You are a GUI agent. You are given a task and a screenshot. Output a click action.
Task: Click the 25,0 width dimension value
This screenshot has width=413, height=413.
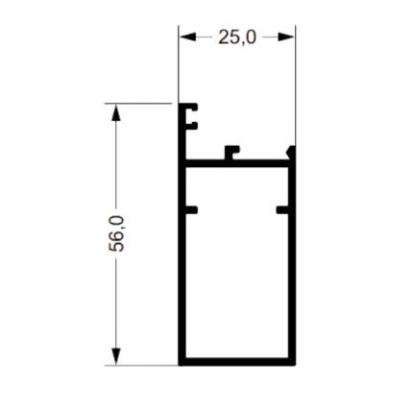pos(237,37)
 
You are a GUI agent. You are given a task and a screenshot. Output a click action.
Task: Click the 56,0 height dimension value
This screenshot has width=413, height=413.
pos(116,233)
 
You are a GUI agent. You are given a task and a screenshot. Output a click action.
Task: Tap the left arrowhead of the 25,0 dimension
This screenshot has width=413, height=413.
pos(187,36)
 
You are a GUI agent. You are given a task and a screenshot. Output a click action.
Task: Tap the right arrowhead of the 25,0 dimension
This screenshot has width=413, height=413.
pos(286,36)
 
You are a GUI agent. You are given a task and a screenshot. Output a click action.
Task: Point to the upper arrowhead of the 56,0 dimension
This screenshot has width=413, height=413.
pos(116,112)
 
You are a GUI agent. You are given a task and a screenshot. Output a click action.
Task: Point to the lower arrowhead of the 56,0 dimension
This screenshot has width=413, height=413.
pos(116,356)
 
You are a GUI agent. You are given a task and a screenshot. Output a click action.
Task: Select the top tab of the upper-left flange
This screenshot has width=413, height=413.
pos(191,107)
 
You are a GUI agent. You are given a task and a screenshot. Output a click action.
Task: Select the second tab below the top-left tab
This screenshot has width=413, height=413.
pos(191,126)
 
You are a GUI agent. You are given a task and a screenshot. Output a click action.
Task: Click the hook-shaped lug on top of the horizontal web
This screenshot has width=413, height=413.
pos(231,152)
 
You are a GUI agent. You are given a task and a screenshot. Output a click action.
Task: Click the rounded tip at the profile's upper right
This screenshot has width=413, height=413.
pos(291,152)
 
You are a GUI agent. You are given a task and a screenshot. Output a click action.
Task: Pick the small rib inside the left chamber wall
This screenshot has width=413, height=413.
pos(191,210)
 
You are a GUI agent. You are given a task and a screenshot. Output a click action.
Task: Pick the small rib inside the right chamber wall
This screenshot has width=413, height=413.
pos(282,210)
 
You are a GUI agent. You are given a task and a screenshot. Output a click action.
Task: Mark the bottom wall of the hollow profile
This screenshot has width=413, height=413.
pos(237,361)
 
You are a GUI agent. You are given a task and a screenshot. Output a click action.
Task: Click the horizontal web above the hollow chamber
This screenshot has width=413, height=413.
pos(237,163)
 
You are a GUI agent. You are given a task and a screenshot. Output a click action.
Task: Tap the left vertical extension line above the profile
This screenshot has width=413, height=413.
pos(179,64)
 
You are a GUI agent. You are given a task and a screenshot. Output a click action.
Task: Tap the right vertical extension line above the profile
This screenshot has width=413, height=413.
pos(295,85)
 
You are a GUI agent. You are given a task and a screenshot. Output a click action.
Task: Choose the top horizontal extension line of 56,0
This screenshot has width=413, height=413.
pos(138,104)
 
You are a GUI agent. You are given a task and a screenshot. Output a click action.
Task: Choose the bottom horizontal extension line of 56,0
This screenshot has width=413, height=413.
pos(141,365)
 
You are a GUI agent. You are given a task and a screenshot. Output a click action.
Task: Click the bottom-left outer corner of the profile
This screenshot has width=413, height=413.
pos(179,365)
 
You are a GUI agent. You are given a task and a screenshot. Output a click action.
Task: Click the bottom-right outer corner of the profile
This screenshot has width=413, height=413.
pos(295,365)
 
